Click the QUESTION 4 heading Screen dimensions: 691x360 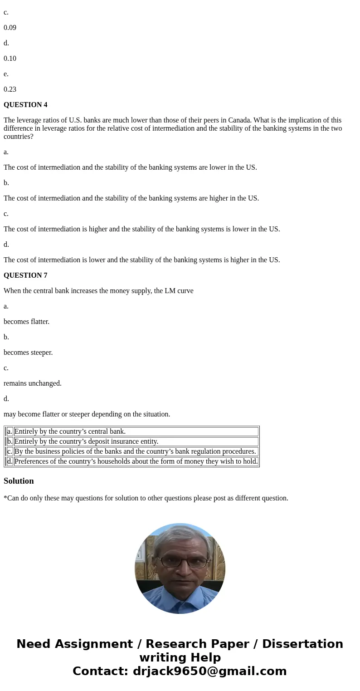click(x=25, y=105)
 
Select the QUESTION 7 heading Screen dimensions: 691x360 click(x=25, y=275)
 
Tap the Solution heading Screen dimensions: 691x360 click(x=19, y=481)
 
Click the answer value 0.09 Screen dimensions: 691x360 click(x=10, y=28)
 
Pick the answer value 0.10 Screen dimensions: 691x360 click(x=10, y=59)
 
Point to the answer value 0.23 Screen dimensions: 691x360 click(x=10, y=89)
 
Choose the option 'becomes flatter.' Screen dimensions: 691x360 click(x=26, y=322)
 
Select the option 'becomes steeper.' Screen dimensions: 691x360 click(x=28, y=353)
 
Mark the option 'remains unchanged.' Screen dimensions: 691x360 click(x=33, y=383)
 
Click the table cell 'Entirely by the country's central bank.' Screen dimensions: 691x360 click(x=70, y=431)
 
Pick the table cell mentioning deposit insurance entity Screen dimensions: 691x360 click(x=86, y=441)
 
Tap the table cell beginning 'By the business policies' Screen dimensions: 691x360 click(x=135, y=451)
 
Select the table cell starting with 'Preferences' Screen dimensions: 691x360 click(x=136, y=461)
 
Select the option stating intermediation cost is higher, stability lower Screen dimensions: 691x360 click(x=141, y=229)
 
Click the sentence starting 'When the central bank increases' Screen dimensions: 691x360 click(x=98, y=291)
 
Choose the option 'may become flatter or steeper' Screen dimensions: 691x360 click(x=87, y=414)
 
